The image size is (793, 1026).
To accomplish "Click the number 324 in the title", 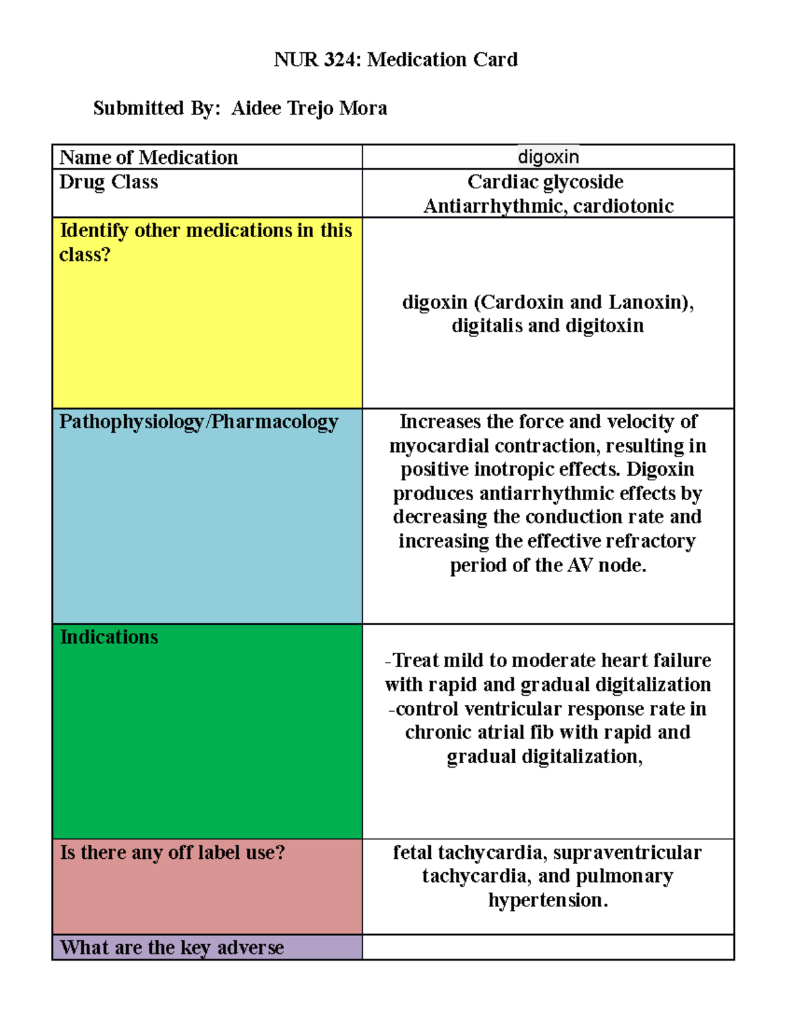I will tap(340, 60).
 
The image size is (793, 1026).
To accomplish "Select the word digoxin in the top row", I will tap(548, 157).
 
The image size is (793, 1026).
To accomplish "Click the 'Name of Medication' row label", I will tap(149, 157).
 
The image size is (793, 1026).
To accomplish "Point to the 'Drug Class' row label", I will tap(108, 182).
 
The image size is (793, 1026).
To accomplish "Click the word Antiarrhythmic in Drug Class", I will tap(494, 206).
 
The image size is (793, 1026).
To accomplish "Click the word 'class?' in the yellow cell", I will tap(85, 254).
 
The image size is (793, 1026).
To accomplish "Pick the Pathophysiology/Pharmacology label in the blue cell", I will tap(198, 421).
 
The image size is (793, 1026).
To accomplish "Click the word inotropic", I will tap(511, 469).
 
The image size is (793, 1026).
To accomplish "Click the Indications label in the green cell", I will tap(109, 637).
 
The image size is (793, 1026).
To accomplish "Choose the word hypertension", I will tap(547, 900).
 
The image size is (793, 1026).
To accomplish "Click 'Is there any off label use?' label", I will tap(172, 852).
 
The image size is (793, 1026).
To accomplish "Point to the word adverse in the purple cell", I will tap(250, 947).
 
